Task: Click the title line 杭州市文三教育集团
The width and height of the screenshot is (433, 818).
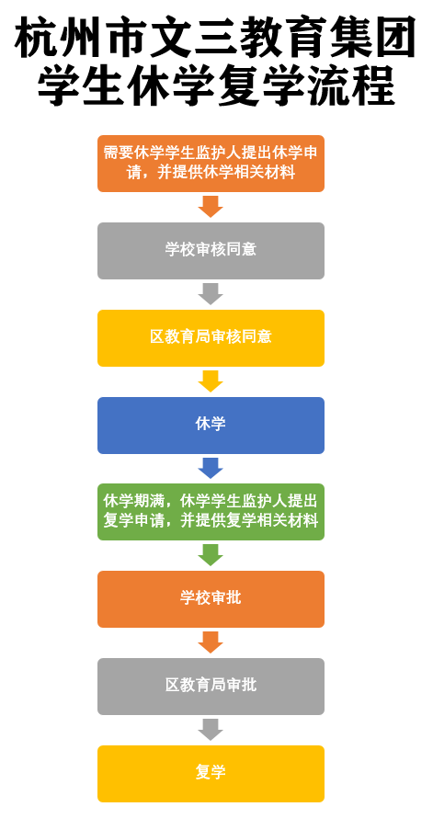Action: click(215, 38)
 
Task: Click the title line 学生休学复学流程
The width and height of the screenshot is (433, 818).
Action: click(216, 85)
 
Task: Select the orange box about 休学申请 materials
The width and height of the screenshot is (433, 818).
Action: click(211, 164)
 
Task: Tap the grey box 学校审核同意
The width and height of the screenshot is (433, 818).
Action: click(211, 251)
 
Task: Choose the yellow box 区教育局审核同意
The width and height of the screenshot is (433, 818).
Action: click(211, 338)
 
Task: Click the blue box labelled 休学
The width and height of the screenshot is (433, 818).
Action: click(211, 426)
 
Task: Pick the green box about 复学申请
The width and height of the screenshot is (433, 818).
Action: click(211, 512)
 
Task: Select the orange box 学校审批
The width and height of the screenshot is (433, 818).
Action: click(211, 599)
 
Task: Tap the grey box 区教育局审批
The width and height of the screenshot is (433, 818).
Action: click(211, 686)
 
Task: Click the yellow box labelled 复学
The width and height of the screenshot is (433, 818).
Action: click(211, 773)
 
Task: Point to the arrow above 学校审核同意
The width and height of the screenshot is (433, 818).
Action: click(211, 207)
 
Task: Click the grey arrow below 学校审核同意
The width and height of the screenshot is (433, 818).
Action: click(211, 294)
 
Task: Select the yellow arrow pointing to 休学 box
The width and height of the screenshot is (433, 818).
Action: click(211, 381)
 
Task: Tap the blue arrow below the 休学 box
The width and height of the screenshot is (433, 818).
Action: click(211, 469)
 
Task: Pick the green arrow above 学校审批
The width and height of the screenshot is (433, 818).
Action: click(211, 555)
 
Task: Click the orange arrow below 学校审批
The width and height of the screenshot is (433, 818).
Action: click(211, 642)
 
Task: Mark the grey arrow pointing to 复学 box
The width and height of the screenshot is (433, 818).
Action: click(211, 730)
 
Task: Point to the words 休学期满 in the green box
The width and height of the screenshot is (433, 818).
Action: click(134, 503)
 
